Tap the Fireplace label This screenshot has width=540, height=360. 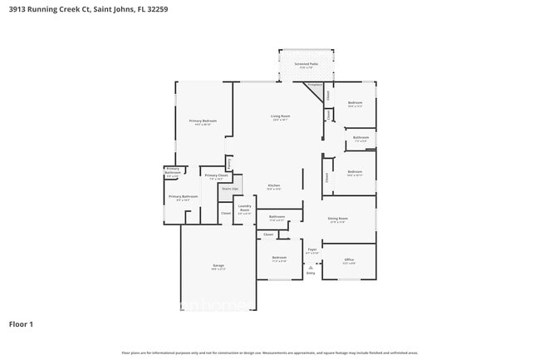tap(314, 84)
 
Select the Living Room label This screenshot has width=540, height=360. tap(280, 116)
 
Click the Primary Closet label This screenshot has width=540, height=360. tap(216, 175)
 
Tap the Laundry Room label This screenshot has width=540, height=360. tap(244, 208)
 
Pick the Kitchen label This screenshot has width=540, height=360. tap(273, 185)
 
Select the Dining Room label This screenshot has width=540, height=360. tap(338, 219)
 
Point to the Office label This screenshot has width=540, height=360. tap(349, 260)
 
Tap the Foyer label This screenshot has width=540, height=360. tap(312, 249)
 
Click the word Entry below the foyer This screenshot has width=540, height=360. tap(311, 273)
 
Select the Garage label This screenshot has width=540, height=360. tap(218, 266)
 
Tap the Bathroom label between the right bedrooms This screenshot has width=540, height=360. tap(361, 138)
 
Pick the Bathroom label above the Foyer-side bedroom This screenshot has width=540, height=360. tap(277, 218)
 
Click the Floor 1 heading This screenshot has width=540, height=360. tap(22, 323)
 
